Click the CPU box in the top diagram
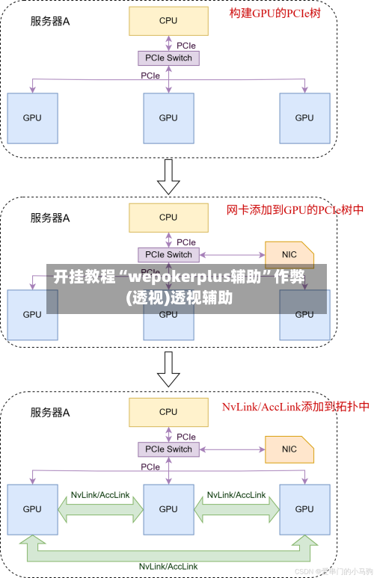point(168,21)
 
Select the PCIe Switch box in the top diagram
point(168,58)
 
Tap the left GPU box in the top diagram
point(32,117)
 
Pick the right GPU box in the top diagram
point(304,117)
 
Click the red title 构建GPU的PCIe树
point(275,13)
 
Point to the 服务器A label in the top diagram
point(50,22)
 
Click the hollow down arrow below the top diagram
point(169,176)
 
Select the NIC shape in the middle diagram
point(289,254)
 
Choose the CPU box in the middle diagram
point(168,218)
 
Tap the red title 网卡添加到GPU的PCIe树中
point(295,210)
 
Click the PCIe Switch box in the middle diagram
point(168,254)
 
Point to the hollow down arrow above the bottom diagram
point(169,369)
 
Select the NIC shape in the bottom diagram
point(289,449)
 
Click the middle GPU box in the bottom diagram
point(168,508)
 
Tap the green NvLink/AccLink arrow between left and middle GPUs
point(100,509)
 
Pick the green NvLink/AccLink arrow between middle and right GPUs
point(236,509)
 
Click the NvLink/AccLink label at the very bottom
point(168,566)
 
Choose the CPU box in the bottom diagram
point(168,412)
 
